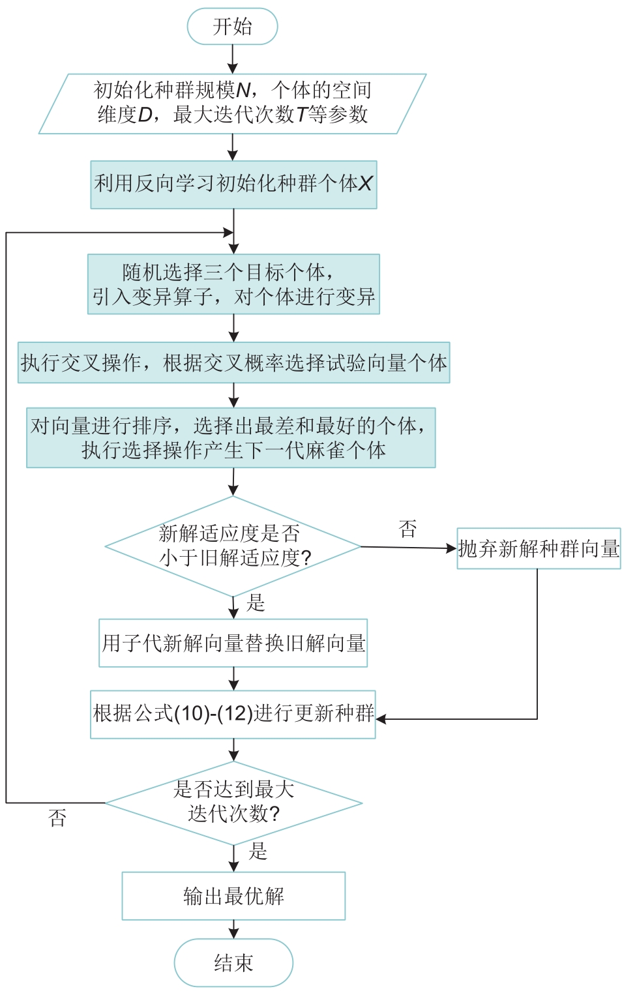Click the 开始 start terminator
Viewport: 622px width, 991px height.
point(232,27)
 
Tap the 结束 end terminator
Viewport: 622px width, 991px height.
point(233,962)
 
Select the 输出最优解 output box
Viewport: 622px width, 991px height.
point(233,896)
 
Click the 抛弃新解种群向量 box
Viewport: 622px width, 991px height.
point(539,548)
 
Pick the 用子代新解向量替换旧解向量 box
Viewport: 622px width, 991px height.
point(233,643)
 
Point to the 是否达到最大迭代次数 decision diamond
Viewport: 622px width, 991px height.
point(233,803)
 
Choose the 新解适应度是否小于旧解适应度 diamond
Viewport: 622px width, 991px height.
point(233,546)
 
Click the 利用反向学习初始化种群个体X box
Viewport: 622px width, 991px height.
point(233,185)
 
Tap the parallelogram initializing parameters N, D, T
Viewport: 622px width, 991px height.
point(232,104)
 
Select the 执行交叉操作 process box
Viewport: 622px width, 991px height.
point(233,362)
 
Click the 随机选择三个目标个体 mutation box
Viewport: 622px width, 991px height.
point(233,284)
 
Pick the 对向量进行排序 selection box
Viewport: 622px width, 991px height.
point(231,437)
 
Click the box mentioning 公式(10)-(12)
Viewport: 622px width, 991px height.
point(233,714)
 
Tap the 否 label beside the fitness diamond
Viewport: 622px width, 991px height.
point(407,529)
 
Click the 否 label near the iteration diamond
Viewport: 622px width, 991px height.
point(57,818)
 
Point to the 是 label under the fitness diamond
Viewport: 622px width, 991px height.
point(256,603)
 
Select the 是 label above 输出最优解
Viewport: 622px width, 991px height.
point(258,851)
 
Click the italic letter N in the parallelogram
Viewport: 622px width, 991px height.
point(243,90)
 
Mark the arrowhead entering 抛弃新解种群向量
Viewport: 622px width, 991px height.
point(451,548)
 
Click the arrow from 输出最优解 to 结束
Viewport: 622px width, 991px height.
point(233,929)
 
